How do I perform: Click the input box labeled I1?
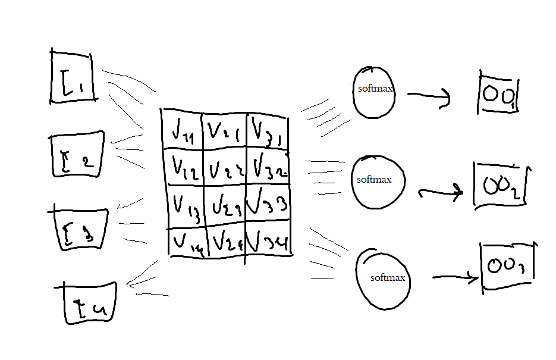pos(73,77)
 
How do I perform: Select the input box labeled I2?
pos(77,155)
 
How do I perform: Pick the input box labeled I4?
pos(90,304)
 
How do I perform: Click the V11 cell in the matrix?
pos(181,132)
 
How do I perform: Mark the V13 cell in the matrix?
pos(186,206)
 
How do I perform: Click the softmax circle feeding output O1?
pos(373,90)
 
